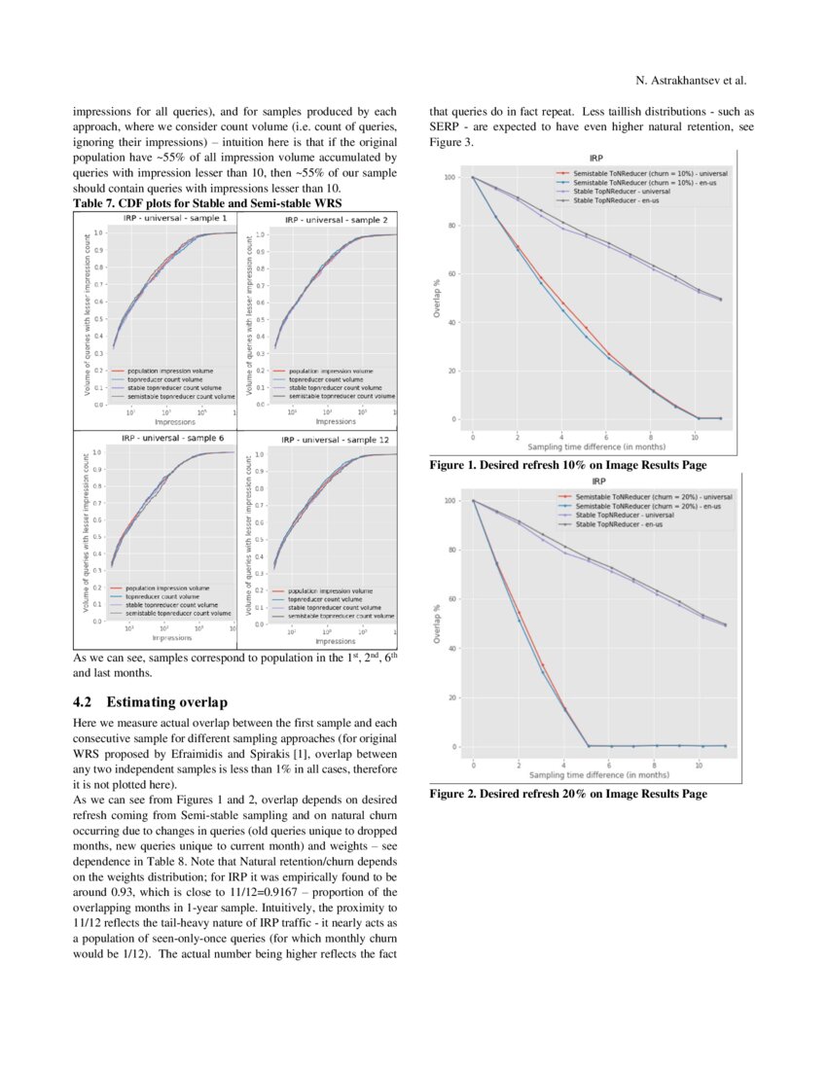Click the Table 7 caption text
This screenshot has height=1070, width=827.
(x=207, y=202)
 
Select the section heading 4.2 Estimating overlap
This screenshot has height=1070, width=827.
(x=150, y=701)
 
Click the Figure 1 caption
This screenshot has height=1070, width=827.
(x=568, y=465)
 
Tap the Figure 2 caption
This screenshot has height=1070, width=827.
(x=568, y=794)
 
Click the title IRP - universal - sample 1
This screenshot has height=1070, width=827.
(x=174, y=218)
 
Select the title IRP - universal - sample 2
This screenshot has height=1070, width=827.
(x=335, y=220)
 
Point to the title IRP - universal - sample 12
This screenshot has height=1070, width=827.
(x=334, y=440)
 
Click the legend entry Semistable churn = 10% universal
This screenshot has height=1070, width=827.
(x=650, y=173)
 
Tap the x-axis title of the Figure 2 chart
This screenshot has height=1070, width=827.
(x=598, y=775)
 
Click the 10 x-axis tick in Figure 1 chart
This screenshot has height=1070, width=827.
(x=694, y=438)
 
